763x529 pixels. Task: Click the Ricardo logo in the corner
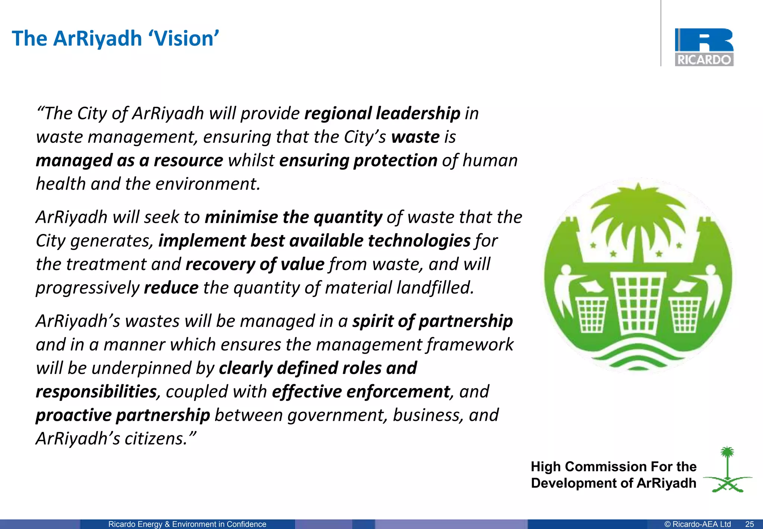click(704, 47)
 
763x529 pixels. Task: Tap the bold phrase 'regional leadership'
click(382, 113)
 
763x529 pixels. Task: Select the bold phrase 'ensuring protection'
click(358, 161)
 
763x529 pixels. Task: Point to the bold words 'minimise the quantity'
click(294, 217)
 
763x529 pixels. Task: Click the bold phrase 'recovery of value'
click(255, 264)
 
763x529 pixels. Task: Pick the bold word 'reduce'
click(171, 288)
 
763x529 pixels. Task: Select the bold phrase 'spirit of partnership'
click(433, 321)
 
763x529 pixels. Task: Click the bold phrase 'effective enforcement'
click(361, 392)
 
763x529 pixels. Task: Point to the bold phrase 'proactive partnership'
click(123, 416)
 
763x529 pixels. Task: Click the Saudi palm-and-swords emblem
click(727, 470)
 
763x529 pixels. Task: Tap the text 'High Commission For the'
click(613, 467)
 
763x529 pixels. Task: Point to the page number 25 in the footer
click(749, 524)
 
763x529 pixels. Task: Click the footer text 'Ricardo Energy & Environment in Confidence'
click(187, 524)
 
